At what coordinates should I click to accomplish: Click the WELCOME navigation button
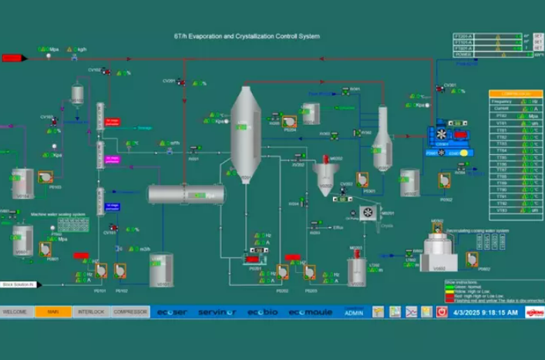17,311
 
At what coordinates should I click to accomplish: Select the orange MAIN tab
53,311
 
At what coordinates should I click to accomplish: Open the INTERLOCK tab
90,311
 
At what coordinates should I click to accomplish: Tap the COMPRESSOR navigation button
130,311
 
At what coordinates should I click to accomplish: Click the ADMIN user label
354,312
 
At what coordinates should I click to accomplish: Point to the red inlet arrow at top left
15,57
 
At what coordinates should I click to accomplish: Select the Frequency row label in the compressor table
502,102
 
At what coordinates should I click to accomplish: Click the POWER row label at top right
466,55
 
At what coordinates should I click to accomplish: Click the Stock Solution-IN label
19,284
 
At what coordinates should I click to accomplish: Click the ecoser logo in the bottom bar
171,312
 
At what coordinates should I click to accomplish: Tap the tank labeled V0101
162,270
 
